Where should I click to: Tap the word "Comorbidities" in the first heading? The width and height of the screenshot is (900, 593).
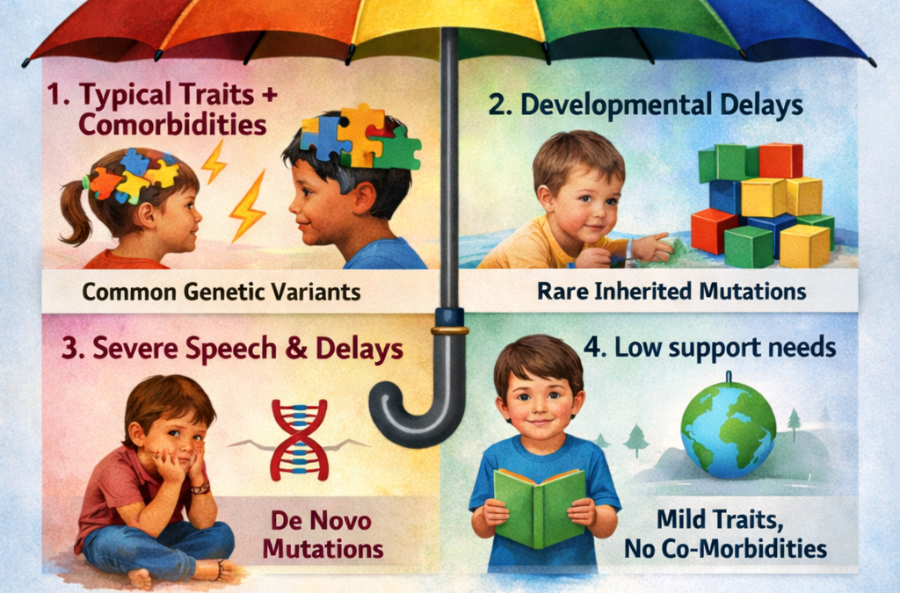pyautogui.click(x=171, y=125)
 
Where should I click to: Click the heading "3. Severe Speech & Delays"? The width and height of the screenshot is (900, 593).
pyautogui.click(x=232, y=349)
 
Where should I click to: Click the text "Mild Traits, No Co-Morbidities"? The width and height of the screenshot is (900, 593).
pyautogui.click(x=725, y=535)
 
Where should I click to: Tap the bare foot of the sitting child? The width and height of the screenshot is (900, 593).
pyautogui.click(x=140, y=578)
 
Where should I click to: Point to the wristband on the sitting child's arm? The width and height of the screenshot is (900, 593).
pyautogui.click(x=201, y=486)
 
